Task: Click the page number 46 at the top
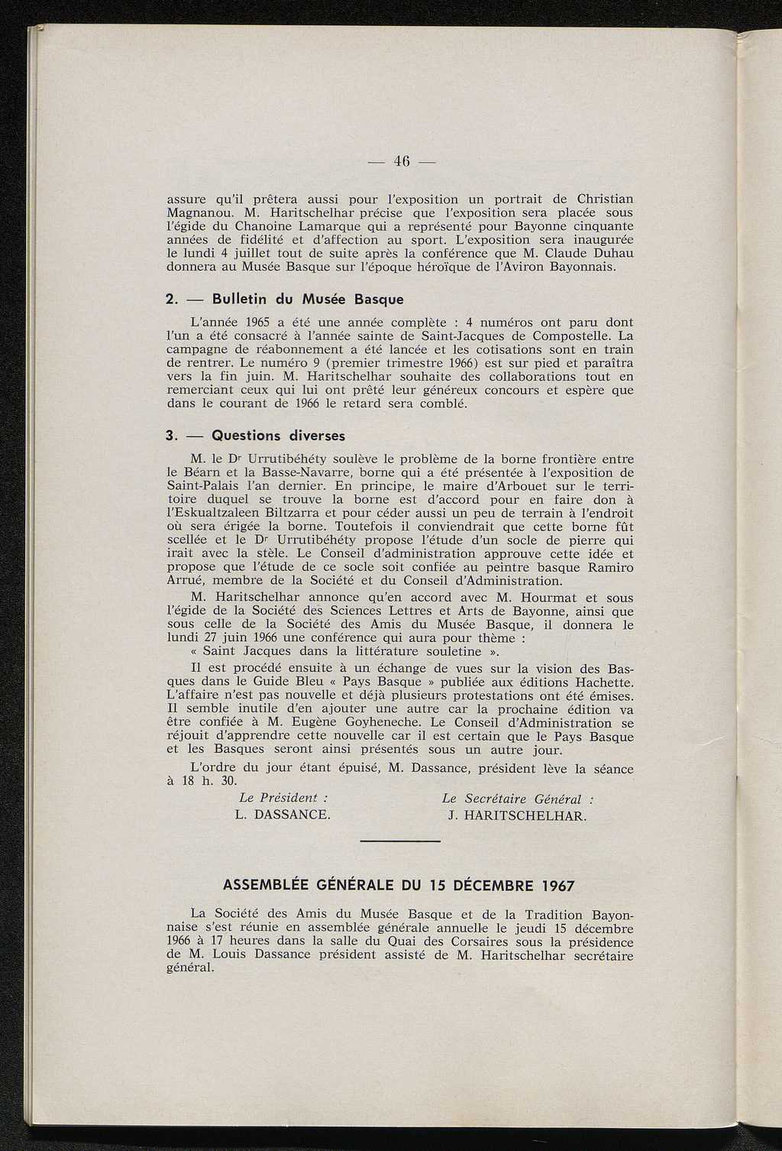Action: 402,161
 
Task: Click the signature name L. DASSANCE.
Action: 283,815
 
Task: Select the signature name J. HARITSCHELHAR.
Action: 518,815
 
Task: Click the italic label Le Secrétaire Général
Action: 517,798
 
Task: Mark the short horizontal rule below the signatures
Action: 399,841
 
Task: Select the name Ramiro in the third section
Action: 606,567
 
